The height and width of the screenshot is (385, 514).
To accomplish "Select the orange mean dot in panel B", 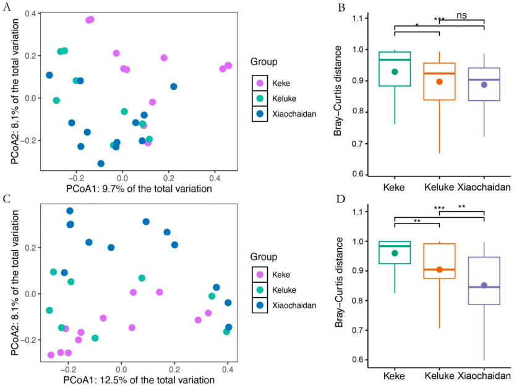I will pos(439,82).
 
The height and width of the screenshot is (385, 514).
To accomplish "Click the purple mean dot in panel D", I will pos(484,285).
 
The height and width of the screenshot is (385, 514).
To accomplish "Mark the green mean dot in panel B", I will pos(395,72).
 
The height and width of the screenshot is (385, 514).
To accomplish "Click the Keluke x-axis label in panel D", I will pos(439,376).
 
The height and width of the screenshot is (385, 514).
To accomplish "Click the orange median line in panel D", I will pos(439,270).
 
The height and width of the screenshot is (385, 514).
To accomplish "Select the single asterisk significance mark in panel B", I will pos(417,25).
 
